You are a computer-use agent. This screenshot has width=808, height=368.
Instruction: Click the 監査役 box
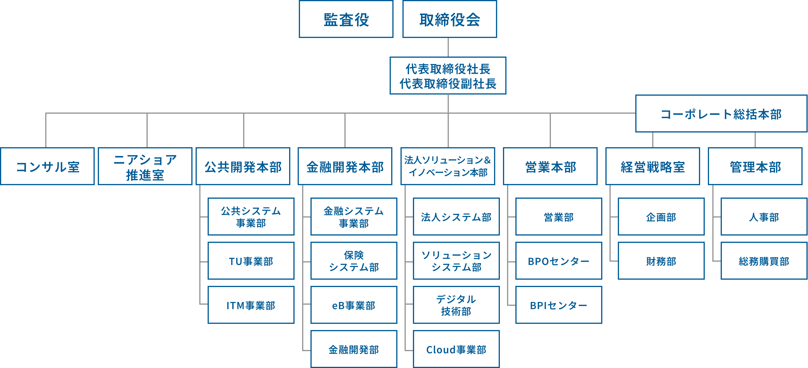346,19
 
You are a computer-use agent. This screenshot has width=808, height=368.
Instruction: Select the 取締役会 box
449,19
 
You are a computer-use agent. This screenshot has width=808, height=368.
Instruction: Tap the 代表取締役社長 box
448,76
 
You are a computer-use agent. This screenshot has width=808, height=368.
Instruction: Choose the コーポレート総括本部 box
721,114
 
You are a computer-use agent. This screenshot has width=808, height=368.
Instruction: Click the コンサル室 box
47,166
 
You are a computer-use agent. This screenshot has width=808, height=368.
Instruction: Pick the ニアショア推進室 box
145,166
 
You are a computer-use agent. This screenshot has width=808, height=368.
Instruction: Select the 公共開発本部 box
243,166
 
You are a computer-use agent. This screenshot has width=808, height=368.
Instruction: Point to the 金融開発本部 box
345,166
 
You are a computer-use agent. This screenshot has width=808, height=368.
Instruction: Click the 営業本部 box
550,166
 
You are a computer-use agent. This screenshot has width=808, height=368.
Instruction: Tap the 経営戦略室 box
652,166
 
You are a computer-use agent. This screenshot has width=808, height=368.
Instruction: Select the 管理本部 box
755,166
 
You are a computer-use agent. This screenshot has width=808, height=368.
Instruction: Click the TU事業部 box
251,261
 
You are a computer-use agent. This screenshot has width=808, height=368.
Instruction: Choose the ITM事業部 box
251,305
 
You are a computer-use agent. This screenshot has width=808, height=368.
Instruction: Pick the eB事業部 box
354,305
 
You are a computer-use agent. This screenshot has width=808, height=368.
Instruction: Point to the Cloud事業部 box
456,349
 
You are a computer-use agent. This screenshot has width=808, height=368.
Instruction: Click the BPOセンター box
559,261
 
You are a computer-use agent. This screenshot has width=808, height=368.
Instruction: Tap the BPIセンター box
559,305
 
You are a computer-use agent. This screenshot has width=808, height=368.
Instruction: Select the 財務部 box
661,261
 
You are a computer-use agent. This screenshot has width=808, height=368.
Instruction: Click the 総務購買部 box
764,261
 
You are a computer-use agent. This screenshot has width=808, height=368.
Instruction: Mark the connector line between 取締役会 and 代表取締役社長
448,47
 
